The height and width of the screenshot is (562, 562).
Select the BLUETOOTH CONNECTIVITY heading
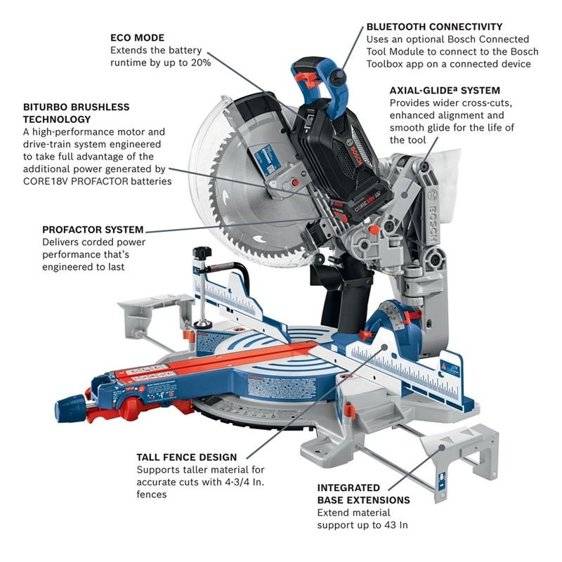coord(434,27)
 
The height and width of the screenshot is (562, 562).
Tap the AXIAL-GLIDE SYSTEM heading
coord(445,90)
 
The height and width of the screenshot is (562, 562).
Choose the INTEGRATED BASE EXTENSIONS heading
coord(363,494)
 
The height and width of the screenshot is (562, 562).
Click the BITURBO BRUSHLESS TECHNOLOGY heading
coord(86,113)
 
